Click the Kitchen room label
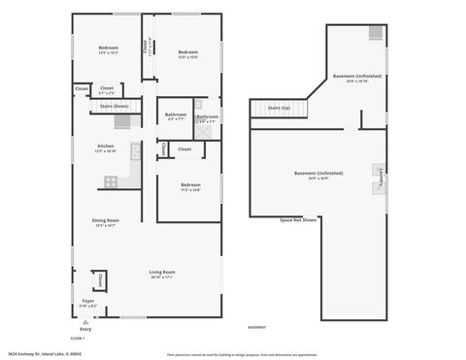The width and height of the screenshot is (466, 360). point(106,147)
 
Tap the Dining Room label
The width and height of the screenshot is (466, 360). point(106,221)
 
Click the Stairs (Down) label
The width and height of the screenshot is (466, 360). point(115,106)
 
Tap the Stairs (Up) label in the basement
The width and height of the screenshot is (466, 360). point(281,109)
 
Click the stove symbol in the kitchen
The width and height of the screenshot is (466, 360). point(112,180)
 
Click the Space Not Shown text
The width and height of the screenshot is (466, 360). point(299,220)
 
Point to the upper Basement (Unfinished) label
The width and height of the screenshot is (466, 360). point(357,77)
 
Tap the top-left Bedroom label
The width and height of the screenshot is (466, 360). point(108,49)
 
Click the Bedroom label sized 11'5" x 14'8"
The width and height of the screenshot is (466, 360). point(190,185)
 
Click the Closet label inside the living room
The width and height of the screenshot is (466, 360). point(100,280)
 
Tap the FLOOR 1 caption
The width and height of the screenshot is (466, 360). point(78,338)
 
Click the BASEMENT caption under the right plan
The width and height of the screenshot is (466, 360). point(257,327)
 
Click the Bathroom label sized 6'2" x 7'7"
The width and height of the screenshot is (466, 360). point(176,115)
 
